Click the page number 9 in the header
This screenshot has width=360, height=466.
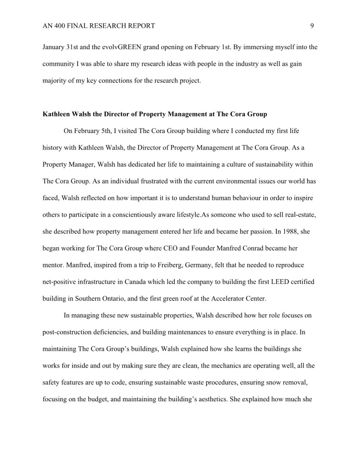[x=312, y=26]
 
